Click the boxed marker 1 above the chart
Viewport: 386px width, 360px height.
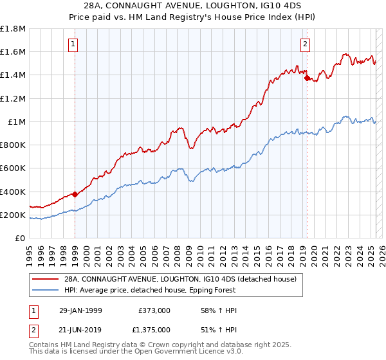click(x=75, y=44)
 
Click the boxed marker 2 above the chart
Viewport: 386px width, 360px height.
click(x=305, y=44)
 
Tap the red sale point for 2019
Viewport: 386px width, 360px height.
click(x=307, y=78)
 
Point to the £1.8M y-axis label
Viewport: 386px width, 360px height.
click(x=13, y=29)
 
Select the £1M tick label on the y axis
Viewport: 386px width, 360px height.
click(x=17, y=122)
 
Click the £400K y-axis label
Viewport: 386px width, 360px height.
click(x=13, y=192)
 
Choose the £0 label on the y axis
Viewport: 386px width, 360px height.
click(x=21, y=238)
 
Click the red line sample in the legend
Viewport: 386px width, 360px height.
click(x=45, y=279)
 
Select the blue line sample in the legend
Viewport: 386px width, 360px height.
click(x=45, y=290)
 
